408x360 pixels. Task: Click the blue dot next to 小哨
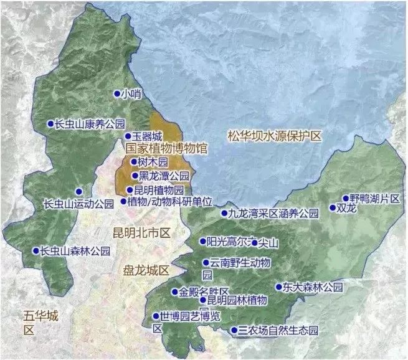(116, 94)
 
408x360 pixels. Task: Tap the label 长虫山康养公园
(90, 123)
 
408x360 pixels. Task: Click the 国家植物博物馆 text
(165, 149)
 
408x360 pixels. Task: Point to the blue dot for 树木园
(133, 162)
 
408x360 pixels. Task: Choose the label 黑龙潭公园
(164, 176)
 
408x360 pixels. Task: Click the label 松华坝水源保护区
(273, 135)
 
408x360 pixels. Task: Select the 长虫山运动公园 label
(78, 204)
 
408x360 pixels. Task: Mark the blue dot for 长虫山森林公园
(36, 251)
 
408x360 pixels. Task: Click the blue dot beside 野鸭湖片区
(346, 198)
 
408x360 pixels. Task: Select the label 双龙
(346, 209)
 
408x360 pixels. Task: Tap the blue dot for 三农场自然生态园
(234, 330)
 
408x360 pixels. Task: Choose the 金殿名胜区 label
(204, 291)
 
